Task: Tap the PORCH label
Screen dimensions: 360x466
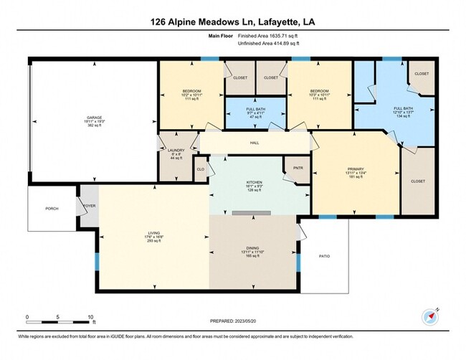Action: (51, 209)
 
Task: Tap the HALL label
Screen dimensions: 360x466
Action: (255, 143)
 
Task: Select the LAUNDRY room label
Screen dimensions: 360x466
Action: (176, 150)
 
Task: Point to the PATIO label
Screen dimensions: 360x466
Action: (325, 255)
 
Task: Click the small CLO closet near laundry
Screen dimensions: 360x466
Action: (201, 169)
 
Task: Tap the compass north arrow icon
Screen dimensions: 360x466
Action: (429, 316)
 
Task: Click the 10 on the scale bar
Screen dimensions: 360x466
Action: (91, 316)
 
